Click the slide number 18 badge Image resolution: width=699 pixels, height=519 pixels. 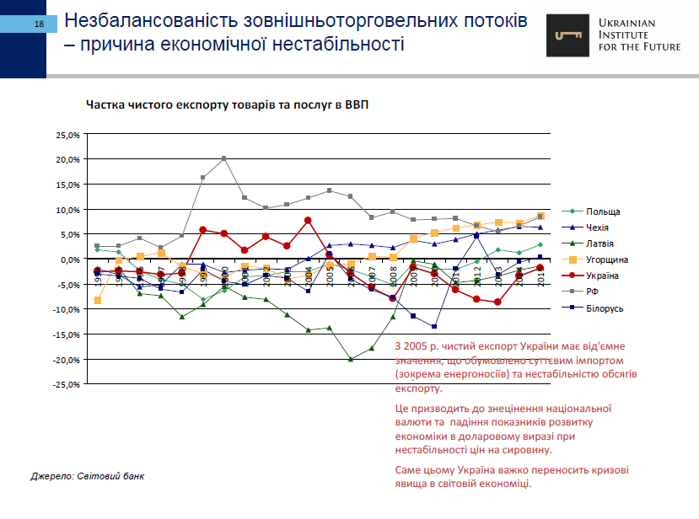coord(39,24)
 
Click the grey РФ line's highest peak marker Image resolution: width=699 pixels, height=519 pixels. coord(224,158)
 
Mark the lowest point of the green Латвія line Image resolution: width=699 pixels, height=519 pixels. coord(351,359)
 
